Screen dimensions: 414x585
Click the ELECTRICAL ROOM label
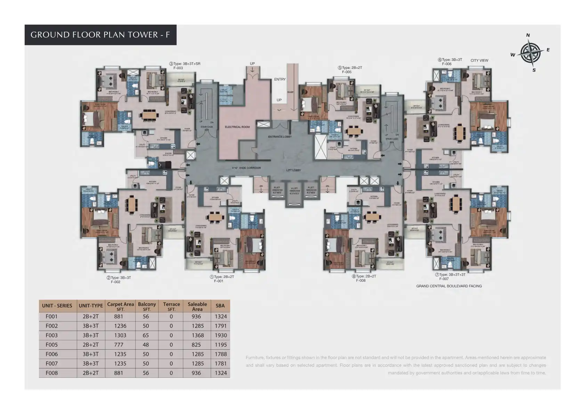coord(237,127)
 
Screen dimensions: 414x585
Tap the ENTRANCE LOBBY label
coord(280,137)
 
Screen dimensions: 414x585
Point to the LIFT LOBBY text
coord(293,170)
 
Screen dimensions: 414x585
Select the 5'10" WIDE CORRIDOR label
coord(246,168)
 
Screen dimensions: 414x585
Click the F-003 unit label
coord(178,68)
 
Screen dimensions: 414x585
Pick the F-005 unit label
coord(347,72)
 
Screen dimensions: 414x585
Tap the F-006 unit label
coord(447,64)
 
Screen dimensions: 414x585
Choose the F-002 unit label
coord(115,282)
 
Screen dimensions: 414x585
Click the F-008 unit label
coord(360,280)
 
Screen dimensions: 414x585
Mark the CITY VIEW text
coord(479,61)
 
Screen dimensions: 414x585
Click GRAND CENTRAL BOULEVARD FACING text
coord(449,286)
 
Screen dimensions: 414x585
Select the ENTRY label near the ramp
coord(280,79)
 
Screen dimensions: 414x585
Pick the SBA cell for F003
coord(221,335)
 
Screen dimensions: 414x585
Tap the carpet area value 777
coord(119,345)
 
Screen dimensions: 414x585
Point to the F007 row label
coord(51,364)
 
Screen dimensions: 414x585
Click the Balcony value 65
coord(146,335)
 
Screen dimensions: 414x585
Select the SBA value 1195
coord(221,345)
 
